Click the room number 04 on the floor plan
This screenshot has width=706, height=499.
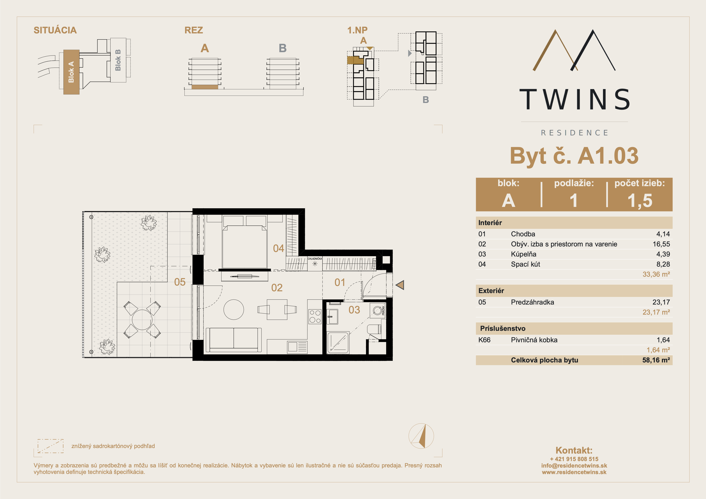[x=279, y=248]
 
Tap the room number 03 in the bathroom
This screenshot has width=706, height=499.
[x=354, y=310]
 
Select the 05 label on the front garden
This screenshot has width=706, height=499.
[x=180, y=282]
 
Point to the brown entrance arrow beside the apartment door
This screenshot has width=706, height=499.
[x=400, y=285]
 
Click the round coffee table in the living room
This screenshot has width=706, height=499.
[x=234, y=310]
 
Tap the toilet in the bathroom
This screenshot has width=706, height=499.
[x=374, y=329]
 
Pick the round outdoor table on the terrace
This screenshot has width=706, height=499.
[x=142, y=320]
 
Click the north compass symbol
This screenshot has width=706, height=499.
[x=421, y=436]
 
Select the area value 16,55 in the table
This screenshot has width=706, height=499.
[x=661, y=244]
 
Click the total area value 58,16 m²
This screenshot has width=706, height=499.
[x=656, y=360]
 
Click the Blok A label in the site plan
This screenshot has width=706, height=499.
[x=71, y=72]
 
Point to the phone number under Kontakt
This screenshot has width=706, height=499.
[x=574, y=459]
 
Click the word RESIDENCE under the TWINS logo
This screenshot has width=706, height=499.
[x=574, y=133]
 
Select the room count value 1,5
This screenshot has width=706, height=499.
[x=640, y=200]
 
